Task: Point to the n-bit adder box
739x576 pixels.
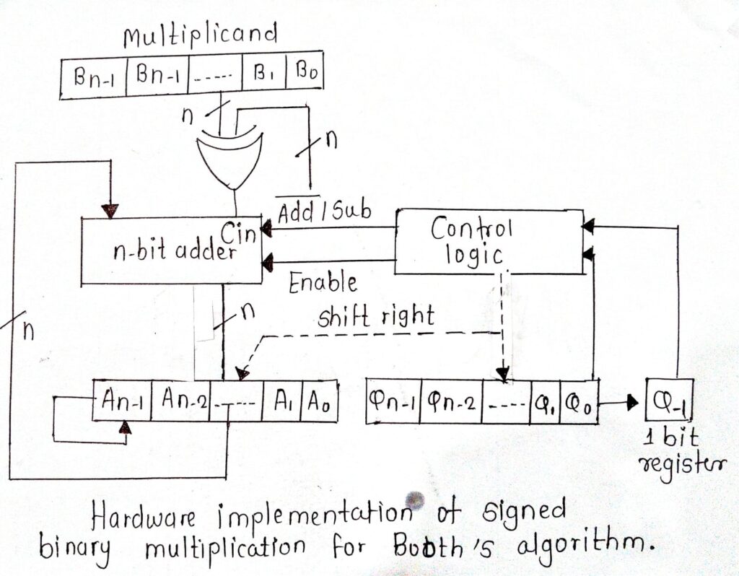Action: (x=172, y=250)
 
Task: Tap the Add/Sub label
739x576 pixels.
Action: (x=324, y=210)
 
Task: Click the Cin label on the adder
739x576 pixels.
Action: (x=240, y=232)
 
